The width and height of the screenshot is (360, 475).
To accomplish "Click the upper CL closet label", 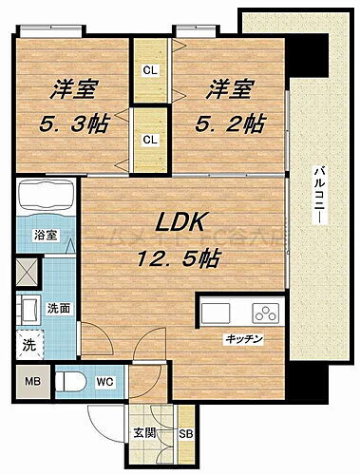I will [x=150, y=70].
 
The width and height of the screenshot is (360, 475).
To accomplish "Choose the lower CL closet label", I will [x=150, y=139].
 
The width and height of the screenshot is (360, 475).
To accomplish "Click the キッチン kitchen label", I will [x=243, y=339].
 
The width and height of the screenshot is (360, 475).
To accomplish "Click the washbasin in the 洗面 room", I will [x=26, y=308].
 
